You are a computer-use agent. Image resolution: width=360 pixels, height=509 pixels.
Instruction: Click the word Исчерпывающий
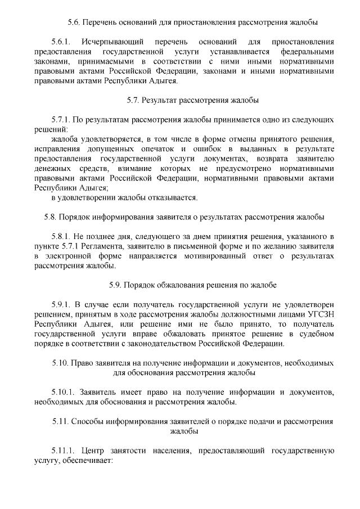(x=108, y=42)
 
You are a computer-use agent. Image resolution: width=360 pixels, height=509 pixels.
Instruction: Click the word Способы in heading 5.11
(x=89, y=421)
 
